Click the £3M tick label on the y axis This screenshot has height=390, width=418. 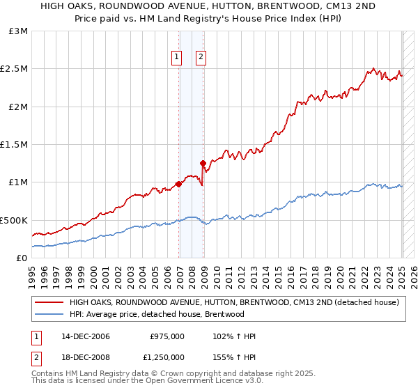pos(18,31)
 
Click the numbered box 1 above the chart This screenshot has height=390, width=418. pos(176,58)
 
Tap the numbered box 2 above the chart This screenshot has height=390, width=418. pos(201,58)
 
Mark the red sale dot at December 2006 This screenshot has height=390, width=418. pos(179,184)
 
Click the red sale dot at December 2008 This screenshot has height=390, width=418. pos(203,164)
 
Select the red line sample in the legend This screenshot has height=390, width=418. pos(49,302)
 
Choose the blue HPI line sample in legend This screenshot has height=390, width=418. pos(49,314)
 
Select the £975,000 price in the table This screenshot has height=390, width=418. pos(167,336)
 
